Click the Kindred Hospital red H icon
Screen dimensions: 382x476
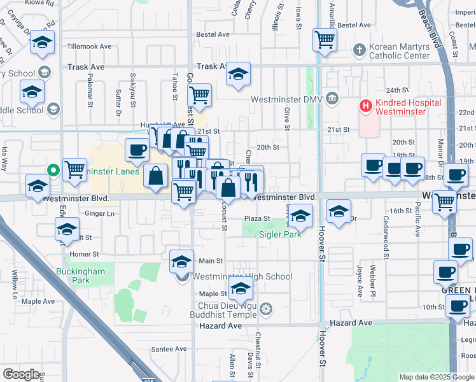coord(366,106)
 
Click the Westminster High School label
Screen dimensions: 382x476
coord(242,276)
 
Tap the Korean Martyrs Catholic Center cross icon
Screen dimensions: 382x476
coord(360,50)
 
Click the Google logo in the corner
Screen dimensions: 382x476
coord(22,374)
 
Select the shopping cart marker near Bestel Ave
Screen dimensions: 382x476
coord(325,40)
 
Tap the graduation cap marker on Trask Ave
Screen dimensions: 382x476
coord(239,74)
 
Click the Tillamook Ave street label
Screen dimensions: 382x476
coord(89,46)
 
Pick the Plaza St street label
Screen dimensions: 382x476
coord(258,218)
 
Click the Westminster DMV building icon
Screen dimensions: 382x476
coord(332,99)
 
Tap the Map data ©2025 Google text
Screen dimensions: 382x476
coord(437,377)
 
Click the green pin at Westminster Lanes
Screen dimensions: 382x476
coord(54,170)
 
